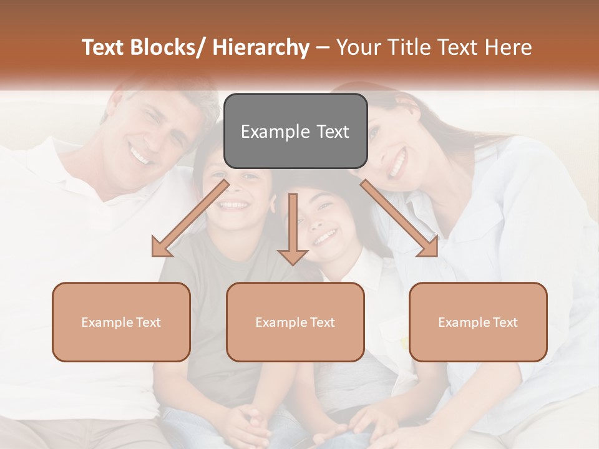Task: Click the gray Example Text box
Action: [295, 131]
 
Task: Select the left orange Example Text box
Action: [121, 322]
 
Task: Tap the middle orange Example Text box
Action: [295, 322]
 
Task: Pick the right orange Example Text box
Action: [478, 322]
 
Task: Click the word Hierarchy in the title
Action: [261, 48]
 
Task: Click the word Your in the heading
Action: [358, 48]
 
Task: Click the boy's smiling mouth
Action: [235, 205]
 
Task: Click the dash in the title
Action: [323, 48]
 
